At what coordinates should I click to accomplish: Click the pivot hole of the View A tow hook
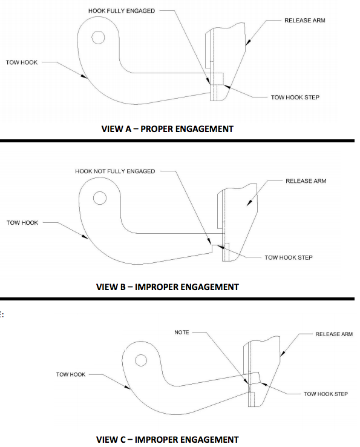pyautogui.click(x=98, y=38)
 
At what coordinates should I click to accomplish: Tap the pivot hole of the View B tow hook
pyautogui.click(x=100, y=198)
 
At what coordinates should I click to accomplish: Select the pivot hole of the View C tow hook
pyautogui.click(x=141, y=360)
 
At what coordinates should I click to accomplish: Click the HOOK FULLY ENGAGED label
pyautogui.click(x=122, y=11)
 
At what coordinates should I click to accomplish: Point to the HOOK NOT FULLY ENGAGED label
pyautogui.click(x=115, y=171)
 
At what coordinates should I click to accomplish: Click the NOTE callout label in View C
pyautogui.click(x=182, y=333)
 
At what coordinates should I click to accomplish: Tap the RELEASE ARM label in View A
pyautogui.click(x=305, y=21)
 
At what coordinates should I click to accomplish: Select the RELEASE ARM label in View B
pyautogui.click(x=306, y=181)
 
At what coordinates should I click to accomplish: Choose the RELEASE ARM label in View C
pyautogui.click(x=334, y=334)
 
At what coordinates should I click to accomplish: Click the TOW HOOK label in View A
pyautogui.click(x=22, y=62)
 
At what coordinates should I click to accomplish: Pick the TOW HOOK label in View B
pyautogui.click(x=22, y=223)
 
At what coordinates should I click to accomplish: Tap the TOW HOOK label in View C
pyautogui.click(x=71, y=374)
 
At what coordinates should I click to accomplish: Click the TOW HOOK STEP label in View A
pyautogui.click(x=295, y=98)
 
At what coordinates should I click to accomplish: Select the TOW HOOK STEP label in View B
pyautogui.click(x=289, y=257)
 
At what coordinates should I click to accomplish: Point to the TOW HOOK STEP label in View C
pyautogui.click(x=326, y=394)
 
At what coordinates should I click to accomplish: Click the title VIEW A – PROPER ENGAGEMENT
pyautogui.click(x=168, y=129)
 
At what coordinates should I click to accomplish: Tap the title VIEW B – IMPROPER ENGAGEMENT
pyautogui.click(x=168, y=286)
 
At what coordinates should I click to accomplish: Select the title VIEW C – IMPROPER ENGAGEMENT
pyautogui.click(x=168, y=440)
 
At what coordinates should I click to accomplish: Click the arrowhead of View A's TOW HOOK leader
pyautogui.click(x=83, y=76)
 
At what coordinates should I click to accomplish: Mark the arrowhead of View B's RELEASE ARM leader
pyautogui.click(x=249, y=202)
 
